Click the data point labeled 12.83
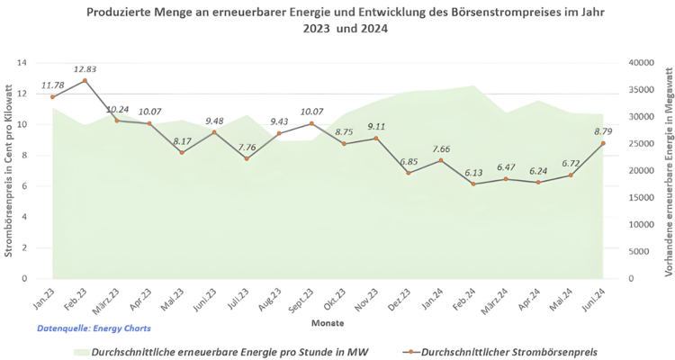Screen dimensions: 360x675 pos(85,80)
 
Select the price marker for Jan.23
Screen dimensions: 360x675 pos(52,96)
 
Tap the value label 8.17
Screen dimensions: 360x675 pos(183,141)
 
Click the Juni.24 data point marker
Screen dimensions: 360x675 pos(602,143)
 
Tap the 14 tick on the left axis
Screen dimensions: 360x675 pos(22,63)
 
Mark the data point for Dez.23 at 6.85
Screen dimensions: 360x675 pos(409,173)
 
